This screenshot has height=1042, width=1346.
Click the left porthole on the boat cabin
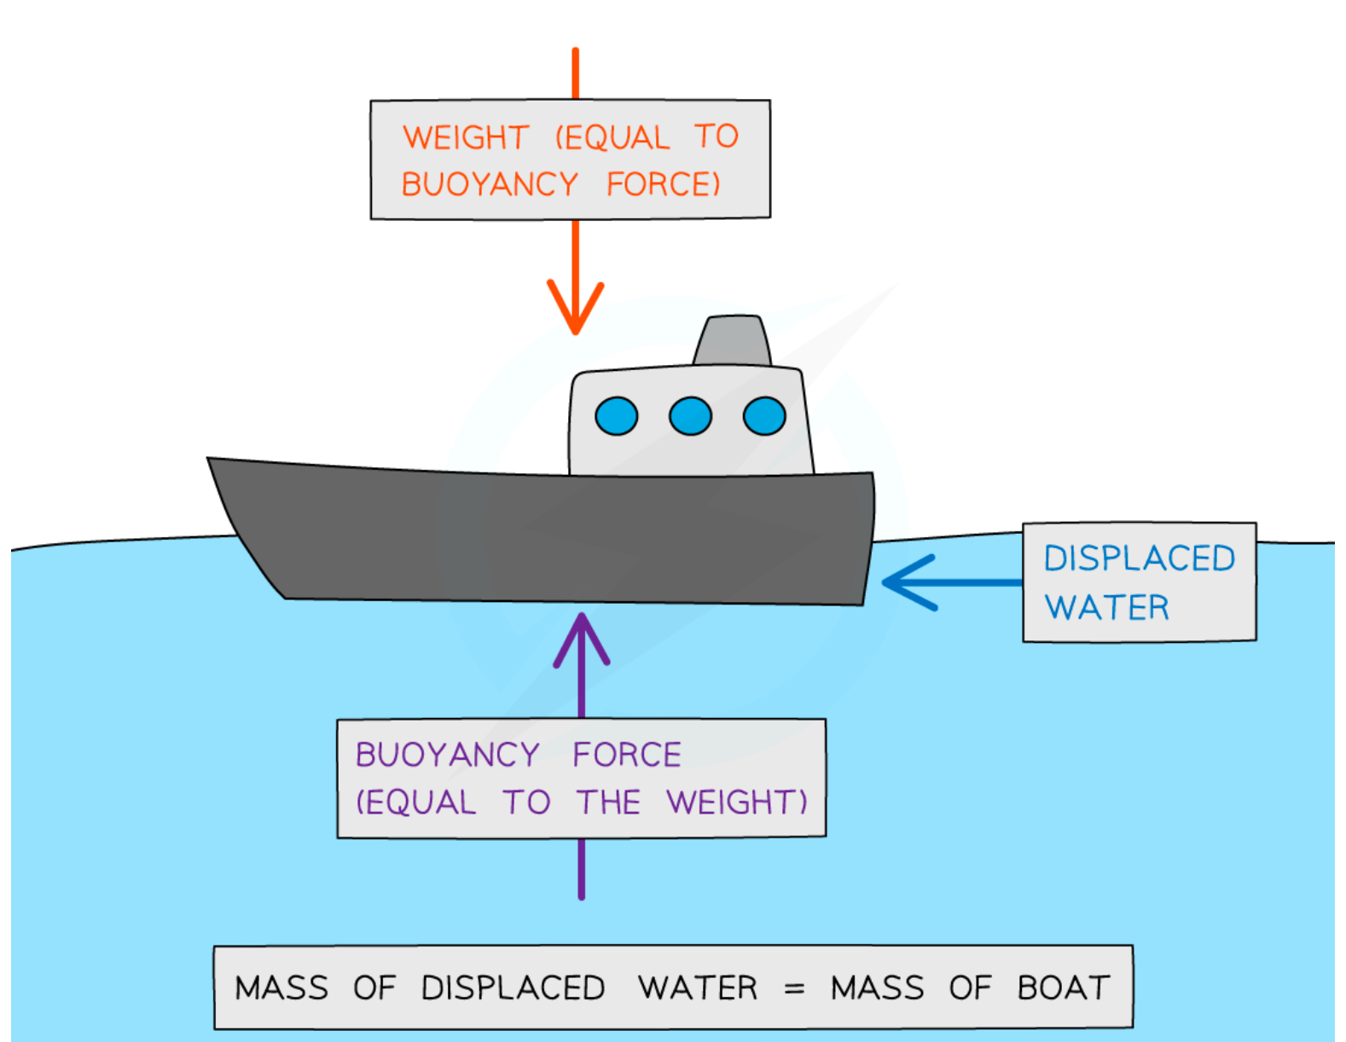pos(616,416)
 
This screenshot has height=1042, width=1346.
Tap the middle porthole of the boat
pos(690,416)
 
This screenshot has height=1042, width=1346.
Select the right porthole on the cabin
pos(764,416)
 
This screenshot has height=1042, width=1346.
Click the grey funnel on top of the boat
pos(733,341)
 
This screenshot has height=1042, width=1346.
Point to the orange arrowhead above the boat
pos(576,311)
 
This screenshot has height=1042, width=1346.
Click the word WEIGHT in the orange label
pos(466,137)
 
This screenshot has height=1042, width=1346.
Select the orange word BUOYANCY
pos(490,184)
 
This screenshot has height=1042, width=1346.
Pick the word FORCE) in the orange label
pos(664,184)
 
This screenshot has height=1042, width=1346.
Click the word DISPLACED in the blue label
pos(1140,559)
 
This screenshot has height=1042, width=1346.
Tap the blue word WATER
pos(1107,607)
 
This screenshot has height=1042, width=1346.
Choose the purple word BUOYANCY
pos(448,755)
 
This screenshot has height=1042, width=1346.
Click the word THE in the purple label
pos(608,802)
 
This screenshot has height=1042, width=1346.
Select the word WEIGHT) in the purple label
pos(737,802)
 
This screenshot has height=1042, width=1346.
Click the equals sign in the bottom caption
pos(794,988)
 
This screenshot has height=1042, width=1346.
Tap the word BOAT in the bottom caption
pos(1064,987)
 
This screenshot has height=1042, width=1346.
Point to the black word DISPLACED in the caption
pos(513,987)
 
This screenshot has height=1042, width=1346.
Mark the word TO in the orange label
pos(717,136)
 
